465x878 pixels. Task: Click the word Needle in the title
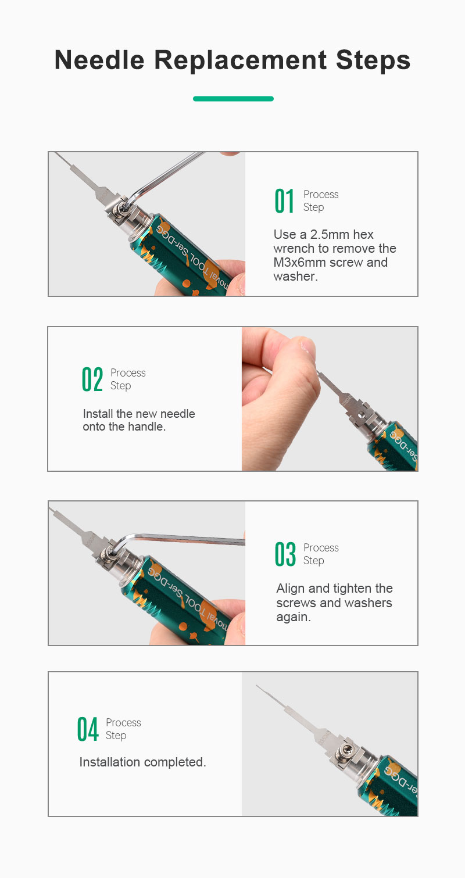click(x=99, y=60)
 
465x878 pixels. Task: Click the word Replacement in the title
click(x=240, y=60)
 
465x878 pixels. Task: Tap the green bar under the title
click(x=233, y=99)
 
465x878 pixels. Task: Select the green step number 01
click(x=284, y=201)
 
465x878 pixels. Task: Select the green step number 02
click(x=92, y=379)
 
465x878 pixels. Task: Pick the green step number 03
click(x=285, y=554)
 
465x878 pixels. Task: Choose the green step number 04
click(x=87, y=729)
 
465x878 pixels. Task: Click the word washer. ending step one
click(x=296, y=277)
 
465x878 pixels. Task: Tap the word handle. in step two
click(x=147, y=427)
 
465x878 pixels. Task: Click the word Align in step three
click(x=291, y=589)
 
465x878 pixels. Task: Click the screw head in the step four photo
click(x=346, y=750)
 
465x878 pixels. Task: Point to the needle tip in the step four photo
click(x=257, y=686)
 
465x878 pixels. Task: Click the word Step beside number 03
click(x=314, y=561)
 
